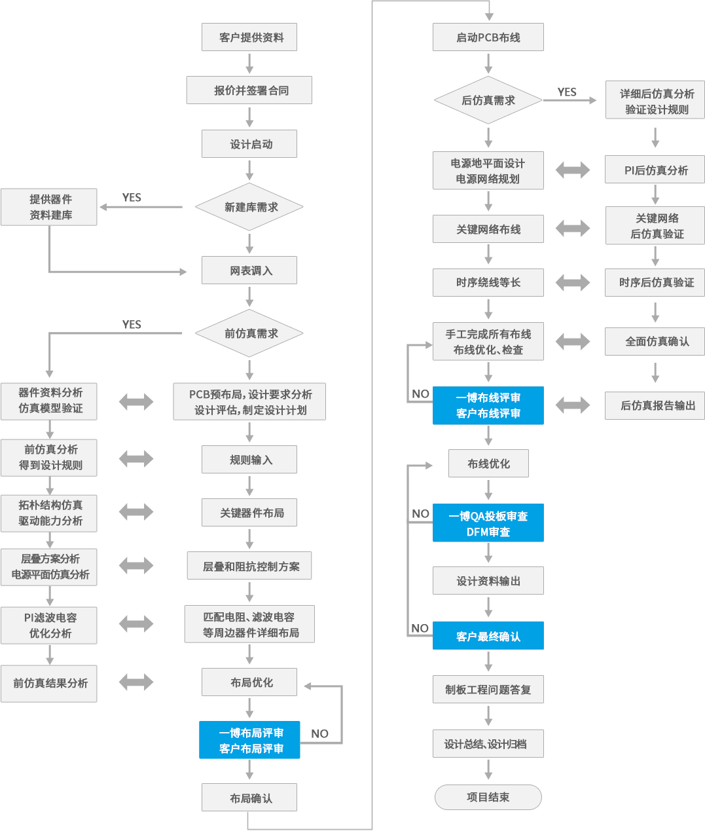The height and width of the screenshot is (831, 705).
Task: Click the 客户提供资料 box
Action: tap(249, 37)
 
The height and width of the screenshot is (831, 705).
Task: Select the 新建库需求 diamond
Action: tap(249, 207)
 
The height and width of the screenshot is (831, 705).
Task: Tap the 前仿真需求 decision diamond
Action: tap(249, 333)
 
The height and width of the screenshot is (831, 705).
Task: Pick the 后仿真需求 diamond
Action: tap(488, 100)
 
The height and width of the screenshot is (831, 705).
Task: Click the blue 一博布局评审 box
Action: tap(249, 741)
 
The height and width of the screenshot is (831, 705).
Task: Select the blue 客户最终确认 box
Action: tap(488, 636)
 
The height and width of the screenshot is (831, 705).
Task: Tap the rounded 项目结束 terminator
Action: tap(488, 797)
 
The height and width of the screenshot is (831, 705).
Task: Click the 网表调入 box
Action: tap(249, 270)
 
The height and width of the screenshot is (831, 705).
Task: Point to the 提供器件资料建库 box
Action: tap(49, 207)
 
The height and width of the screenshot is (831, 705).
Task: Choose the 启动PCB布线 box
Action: tap(488, 37)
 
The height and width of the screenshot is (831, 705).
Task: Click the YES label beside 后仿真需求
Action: tap(567, 92)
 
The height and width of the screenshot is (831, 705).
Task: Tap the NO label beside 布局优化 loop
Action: tap(319, 733)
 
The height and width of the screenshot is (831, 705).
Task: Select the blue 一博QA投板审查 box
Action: tap(488, 523)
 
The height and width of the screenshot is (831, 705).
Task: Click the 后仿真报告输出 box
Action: tap(655, 405)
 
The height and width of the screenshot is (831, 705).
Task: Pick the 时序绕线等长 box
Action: tap(488, 282)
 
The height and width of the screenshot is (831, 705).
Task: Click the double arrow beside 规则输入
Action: tap(136, 459)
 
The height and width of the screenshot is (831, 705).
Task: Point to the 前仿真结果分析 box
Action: tap(49, 683)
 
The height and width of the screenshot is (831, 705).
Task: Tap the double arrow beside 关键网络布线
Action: tap(573, 229)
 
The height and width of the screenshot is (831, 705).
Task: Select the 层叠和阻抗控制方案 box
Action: tap(249, 566)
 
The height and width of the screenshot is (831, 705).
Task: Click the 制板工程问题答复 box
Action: tap(488, 690)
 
